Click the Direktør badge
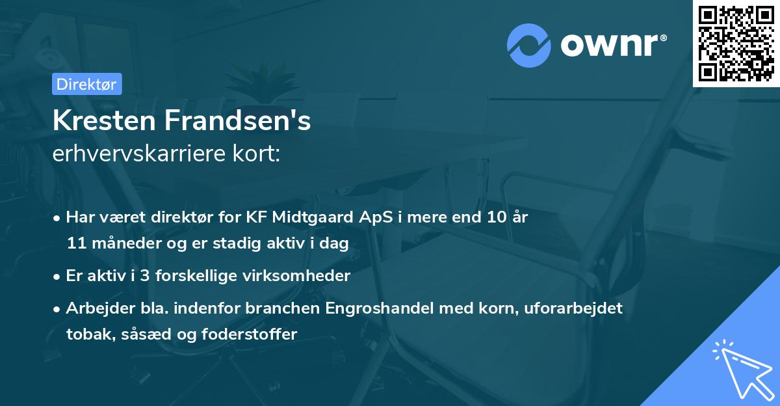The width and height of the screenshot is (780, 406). point(86,84)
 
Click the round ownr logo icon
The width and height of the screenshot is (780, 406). point(529,45)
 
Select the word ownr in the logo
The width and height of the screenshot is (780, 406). point(613,44)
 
